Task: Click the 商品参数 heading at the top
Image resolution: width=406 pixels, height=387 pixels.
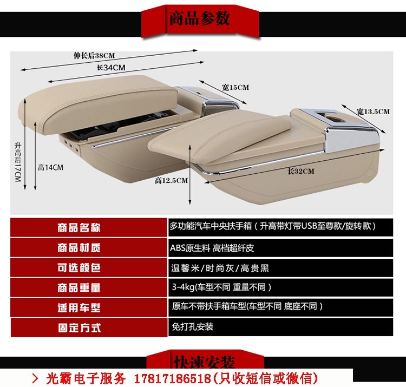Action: pyautogui.click(x=199, y=18)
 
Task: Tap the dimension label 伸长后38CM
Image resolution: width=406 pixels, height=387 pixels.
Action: pyautogui.click(x=94, y=55)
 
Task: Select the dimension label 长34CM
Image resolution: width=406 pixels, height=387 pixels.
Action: pyautogui.click(x=111, y=68)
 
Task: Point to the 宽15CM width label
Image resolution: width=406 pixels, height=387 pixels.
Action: pyautogui.click(x=235, y=87)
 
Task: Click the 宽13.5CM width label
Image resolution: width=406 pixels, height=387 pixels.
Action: pyautogui.click(x=373, y=111)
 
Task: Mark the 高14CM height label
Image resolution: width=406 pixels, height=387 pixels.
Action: pyautogui.click(x=50, y=167)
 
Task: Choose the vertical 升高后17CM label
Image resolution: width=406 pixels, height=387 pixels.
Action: pyautogui.click(x=18, y=162)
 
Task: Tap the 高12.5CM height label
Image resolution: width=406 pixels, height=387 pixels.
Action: pyautogui.click(x=171, y=180)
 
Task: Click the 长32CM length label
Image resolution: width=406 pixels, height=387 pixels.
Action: pyautogui.click(x=301, y=171)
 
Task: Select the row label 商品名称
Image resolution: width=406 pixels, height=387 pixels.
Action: pyautogui.click(x=79, y=228)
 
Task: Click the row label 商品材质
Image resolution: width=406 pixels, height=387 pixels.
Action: pyautogui.click(x=79, y=248)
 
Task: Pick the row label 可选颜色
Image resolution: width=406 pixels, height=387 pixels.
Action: pyautogui.click(x=79, y=268)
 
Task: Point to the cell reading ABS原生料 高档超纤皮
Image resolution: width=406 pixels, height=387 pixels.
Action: pyautogui.click(x=212, y=248)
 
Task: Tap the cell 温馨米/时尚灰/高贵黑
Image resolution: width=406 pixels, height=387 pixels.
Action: pyautogui.click(x=220, y=268)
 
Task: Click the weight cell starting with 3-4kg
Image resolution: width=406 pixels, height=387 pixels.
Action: pyautogui.click(x=221, y=287)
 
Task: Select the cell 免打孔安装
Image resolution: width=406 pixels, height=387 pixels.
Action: pyautogui.click(x=192, y=327)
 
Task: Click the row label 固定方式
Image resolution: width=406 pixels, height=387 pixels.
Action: pyautogui.click(x=80, y=327)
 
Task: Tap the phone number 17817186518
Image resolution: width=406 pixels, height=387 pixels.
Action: pyautogui.click(x=173, y=379)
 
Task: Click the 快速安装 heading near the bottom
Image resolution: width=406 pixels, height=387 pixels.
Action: pyautogui.click(x=205, y=362)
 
